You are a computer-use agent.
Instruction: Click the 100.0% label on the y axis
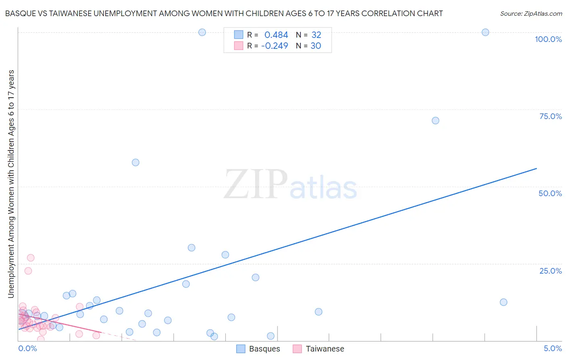[548, 39]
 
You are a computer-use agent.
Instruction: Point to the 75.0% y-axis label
[550, 116]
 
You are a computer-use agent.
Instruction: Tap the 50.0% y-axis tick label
[550, 193]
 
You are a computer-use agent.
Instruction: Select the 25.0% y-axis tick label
[550, 271]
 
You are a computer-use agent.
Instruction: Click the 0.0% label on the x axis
[28, 348]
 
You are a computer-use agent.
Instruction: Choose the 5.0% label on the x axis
[552, 348]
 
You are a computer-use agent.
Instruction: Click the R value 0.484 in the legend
[276, 35]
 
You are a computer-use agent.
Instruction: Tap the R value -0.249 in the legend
[275, 46]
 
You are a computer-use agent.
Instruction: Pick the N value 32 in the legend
[316, 35]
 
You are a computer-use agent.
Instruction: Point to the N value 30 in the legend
[316, 46]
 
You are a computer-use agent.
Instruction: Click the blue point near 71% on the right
[435, 121]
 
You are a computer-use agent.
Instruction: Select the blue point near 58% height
[135, 162]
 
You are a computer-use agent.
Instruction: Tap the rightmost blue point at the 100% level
[485, 32]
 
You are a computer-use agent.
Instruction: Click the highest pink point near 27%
[31, 257]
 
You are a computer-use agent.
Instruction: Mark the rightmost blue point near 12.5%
[503, 302]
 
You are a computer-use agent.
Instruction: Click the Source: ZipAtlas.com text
[531, 13]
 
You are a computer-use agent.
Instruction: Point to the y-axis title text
[11, 184]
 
